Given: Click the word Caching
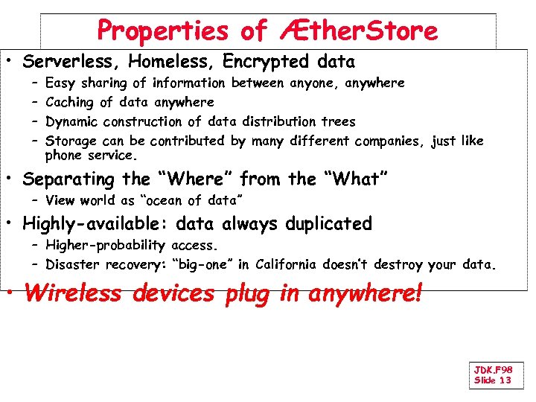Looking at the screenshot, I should point(68,102).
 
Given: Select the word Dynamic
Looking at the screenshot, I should point(71,121).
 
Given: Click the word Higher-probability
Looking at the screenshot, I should point(105,246).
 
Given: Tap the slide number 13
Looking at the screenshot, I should point(505,380).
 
